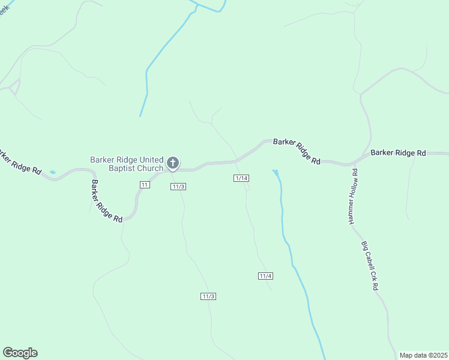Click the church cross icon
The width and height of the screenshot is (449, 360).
tap(173, 163)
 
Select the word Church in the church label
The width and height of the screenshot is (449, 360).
tap(149, 169)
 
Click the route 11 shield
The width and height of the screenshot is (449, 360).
tap(144, 185)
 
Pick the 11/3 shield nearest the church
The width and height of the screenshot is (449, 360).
tap(178, 187)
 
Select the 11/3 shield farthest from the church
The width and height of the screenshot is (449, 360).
tap(208, 296)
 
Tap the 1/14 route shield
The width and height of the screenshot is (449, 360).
tap(241, 178)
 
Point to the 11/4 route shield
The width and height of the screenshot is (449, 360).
tap(266, 275)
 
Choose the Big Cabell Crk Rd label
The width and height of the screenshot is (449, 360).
tap(370, 266)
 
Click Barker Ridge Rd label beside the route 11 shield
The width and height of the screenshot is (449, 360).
tap(107, 200)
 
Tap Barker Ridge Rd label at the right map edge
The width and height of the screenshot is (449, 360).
tap(398, 153)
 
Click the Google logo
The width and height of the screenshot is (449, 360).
tap(20, 353)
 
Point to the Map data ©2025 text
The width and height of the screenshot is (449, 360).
tap(423, 355)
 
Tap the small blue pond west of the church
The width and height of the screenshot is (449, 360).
tap(53, 172)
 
